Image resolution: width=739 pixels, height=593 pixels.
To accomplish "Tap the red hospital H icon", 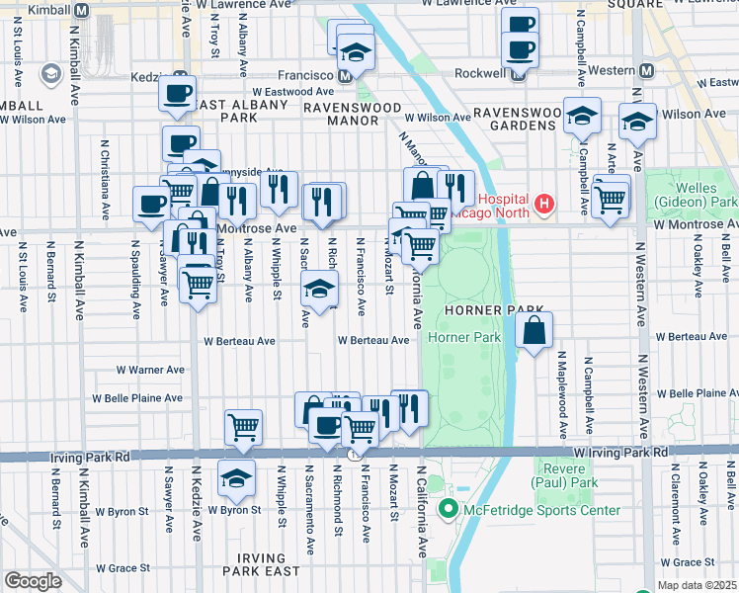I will point(541,205).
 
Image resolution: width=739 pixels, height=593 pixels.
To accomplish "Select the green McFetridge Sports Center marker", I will point(448,510).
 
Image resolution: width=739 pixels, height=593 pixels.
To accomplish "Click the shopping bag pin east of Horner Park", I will point(534,332).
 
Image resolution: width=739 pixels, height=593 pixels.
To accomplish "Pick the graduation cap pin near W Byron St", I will point(236,479).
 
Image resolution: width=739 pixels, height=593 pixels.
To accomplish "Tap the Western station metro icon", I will point(647,71).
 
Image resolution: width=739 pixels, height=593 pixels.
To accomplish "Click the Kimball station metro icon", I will point(82,8).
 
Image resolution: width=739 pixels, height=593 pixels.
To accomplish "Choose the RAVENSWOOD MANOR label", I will point(339,113).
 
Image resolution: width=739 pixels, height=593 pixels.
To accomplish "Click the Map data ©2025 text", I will point(697,585).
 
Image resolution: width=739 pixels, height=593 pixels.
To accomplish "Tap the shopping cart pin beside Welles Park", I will point(612,198).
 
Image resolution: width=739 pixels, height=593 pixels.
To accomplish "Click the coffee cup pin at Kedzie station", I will point(178,95).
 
